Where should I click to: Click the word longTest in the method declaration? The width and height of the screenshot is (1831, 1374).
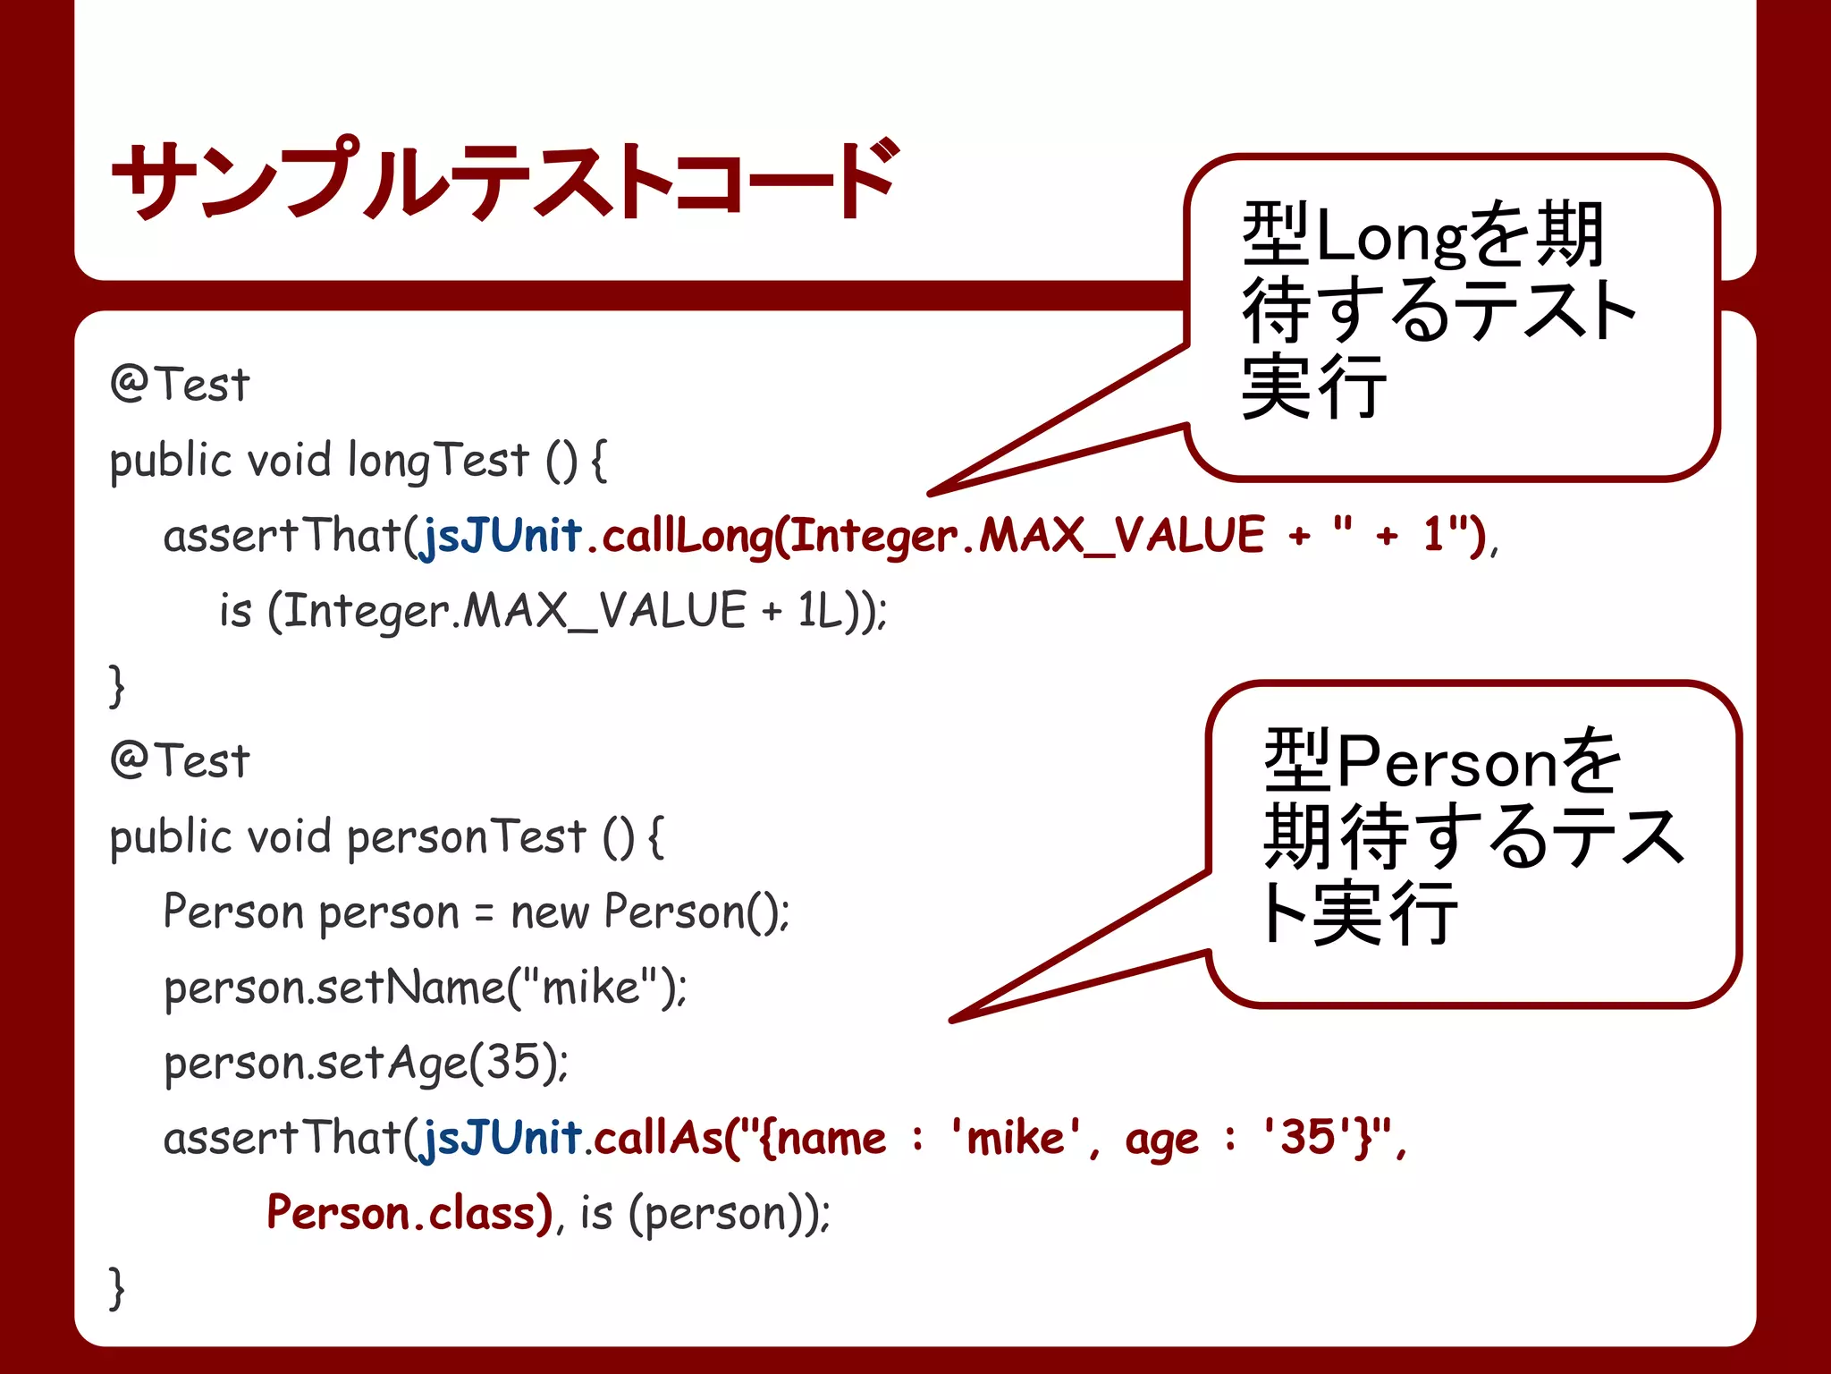438,461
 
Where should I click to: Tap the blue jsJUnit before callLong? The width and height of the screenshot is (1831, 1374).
502,536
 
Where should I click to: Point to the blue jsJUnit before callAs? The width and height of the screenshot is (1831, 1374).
502,1139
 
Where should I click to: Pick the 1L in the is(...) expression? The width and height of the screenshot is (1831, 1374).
821,611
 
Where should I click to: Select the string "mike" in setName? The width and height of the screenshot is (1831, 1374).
591,988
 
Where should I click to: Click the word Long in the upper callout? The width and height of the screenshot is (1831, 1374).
1389,237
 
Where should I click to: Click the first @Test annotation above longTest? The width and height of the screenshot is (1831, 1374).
180,385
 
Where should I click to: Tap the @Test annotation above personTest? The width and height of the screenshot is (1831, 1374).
180,761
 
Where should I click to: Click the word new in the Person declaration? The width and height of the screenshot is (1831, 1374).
549,913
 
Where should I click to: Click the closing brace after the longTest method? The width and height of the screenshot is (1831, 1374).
116,686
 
